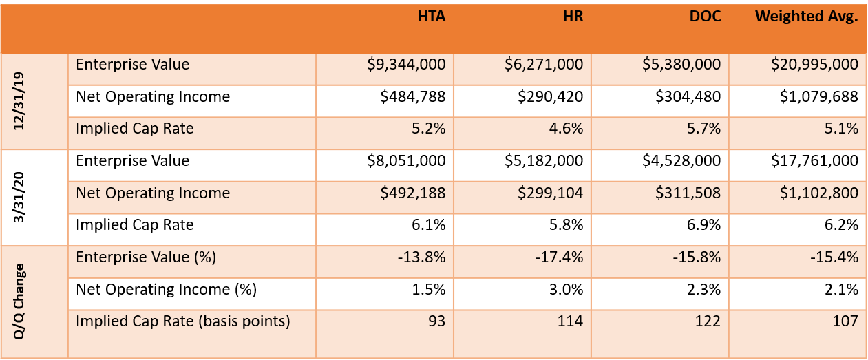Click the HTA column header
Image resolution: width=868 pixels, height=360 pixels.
(432, 17)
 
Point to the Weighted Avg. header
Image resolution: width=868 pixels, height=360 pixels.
(807, 17)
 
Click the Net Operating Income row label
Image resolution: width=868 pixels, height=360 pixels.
(153, 193)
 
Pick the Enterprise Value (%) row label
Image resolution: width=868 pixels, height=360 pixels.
(146, 257)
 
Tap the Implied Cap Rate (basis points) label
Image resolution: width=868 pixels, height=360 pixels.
(182, 321)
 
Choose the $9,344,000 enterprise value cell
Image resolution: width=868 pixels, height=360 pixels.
(407, 65)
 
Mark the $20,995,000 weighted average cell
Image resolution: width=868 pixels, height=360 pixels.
(814, 65)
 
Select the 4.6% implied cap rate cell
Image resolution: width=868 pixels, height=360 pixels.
(567, 129)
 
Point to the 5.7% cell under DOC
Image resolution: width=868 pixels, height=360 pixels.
(705, 129)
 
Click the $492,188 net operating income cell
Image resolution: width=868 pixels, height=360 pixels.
(413, 193)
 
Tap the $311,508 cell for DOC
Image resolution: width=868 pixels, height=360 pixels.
(688, 193)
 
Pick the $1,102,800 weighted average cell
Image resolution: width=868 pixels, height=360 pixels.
(818, 193)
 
